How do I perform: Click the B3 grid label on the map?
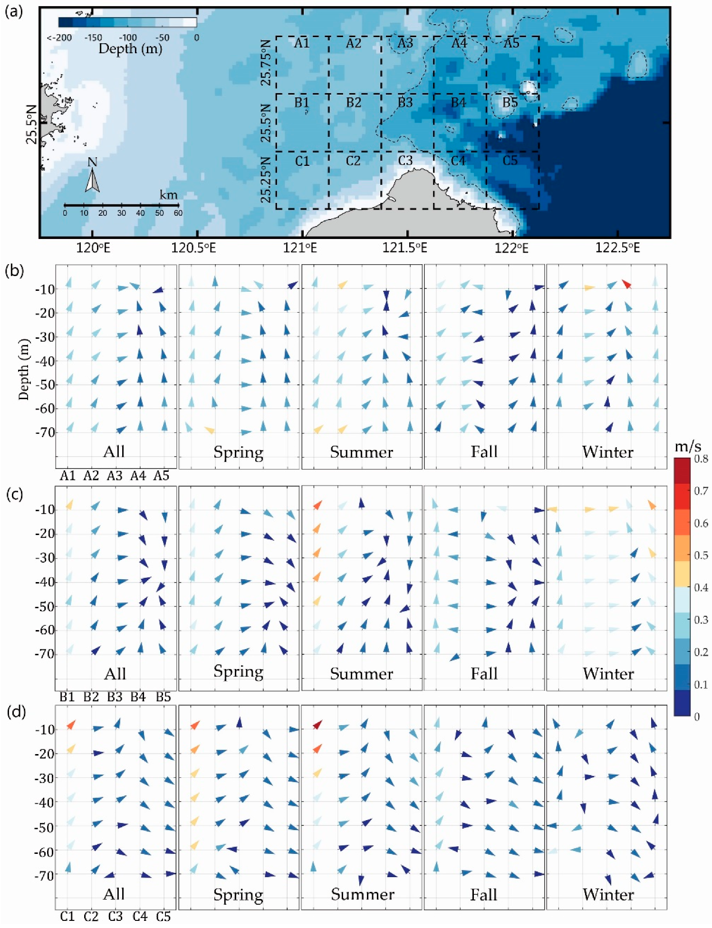[x=405, y=102]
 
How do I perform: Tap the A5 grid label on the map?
[x=511, y=43]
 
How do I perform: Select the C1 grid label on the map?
[x=302, y=161]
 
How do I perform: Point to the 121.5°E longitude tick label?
[x=405, y=248]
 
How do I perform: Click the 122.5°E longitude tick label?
[x=617, y=248]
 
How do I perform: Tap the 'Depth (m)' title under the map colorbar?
[x=130, y=48]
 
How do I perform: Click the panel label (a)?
[x=13, y=11]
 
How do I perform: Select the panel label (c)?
[x=14, y=494]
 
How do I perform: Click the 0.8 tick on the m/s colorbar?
[x=701, y=459]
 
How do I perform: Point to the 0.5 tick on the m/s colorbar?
[x=701, y=555]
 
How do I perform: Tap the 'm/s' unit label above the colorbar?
[x=688, y=446]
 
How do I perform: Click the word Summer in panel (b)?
[x=361, y=452]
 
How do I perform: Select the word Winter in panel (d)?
[x=608, y=894]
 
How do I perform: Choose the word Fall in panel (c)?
[x=484, y=673]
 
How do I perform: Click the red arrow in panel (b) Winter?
[x=626, y=284]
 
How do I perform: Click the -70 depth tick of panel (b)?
[x=45, y=432]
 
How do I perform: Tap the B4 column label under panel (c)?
[x=138, y=697]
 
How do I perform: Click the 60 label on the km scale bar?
[x=178, y=213]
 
